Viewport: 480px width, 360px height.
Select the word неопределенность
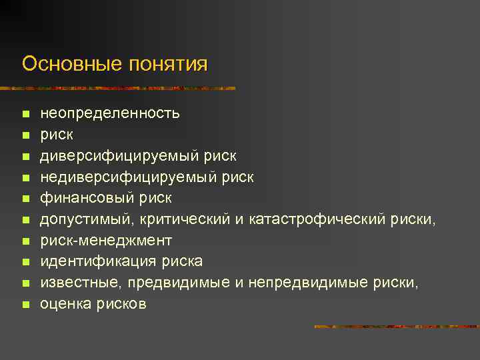[110, 113]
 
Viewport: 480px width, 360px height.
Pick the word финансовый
[87, 198]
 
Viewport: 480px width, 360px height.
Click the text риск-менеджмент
[106, 241]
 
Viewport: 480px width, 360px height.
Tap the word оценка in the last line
[64, 305]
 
